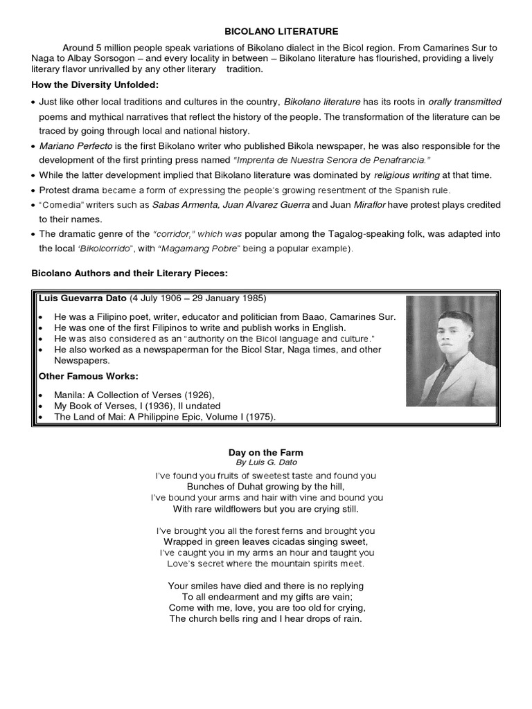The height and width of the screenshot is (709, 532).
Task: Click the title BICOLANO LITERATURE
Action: [271, 31]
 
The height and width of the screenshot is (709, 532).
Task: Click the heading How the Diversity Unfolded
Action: [95, 84]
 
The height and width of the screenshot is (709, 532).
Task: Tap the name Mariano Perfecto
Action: [71, 146]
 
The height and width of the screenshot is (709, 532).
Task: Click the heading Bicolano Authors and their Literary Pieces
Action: [130, 274]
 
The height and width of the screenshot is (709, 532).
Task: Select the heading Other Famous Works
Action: [89, 376]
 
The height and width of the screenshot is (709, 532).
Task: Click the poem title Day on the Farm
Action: [266, 452]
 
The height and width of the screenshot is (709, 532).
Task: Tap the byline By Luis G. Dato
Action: [266, 462]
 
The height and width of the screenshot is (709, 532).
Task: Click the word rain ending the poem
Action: [351, 618]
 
